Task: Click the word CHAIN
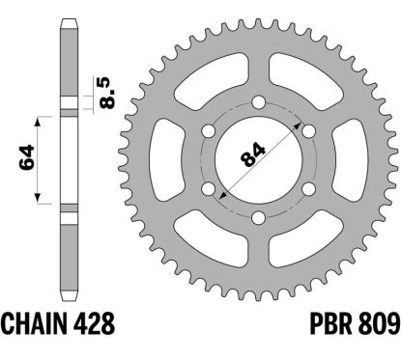[x=35, y=323]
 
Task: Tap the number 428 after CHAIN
[x=94, y=323]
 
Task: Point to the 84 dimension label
[x=253, y=155]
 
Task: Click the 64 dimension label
[x=27, y=157]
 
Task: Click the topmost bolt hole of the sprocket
[x=258, y=102]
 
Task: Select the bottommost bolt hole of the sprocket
[x=258, y=217]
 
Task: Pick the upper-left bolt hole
[x=209, y=131]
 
